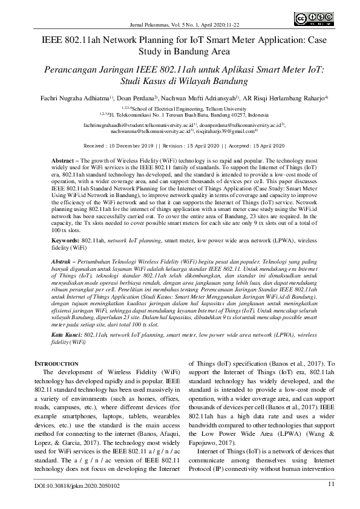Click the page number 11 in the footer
click(331, 484)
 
